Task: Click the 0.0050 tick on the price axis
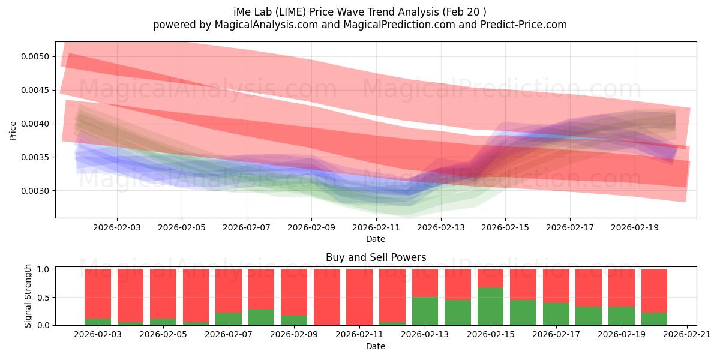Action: tap(35, 56)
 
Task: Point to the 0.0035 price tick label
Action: tap(35, 157)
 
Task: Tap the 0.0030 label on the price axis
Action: tap(35, 191)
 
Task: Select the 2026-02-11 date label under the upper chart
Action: tap(376, 228)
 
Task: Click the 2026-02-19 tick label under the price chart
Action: tap(635, 228)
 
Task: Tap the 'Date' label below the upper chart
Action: tap(376, 239)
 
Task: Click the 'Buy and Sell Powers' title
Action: tap(376, 257)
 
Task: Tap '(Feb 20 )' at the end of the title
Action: tap(466, 12)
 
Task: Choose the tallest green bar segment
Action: tap(490, 306)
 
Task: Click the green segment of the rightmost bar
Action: tap(654, 319)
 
